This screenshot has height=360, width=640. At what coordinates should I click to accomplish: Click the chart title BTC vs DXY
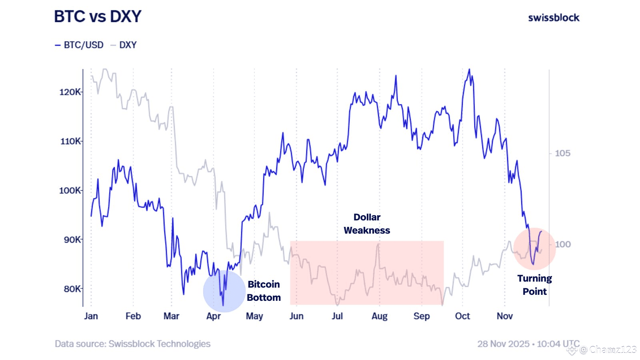point(98,17)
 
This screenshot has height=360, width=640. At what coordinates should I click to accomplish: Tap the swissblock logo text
point(554,18)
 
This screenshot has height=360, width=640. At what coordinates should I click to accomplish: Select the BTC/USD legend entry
point(80,45)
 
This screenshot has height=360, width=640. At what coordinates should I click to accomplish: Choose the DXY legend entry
point(124,45)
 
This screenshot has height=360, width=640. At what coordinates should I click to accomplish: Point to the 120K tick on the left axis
point(70,92)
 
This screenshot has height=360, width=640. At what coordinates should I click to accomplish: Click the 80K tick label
point(72,289)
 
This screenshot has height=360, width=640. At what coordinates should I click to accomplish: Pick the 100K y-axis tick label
point(70,190)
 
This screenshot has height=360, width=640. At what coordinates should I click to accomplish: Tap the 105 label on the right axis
point(562,153)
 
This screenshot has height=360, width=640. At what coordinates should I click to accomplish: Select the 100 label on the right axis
point(562,244)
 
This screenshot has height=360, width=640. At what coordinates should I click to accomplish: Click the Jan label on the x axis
point(91,316)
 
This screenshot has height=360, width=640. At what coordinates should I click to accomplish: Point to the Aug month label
point(379,316)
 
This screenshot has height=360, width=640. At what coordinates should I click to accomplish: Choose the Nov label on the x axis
point(504,316)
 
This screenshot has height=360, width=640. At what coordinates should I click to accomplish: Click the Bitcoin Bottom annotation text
point(264,291)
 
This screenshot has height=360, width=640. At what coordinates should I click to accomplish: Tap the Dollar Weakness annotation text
point(367,224)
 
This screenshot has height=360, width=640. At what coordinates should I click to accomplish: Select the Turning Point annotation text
point(534,285)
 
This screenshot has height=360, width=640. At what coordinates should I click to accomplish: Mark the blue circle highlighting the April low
point(224,291)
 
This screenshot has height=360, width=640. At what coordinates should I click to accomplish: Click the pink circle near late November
point(534,249)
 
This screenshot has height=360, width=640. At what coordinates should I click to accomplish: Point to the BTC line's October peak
point(469,70)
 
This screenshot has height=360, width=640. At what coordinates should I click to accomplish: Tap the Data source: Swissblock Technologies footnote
point(132,344)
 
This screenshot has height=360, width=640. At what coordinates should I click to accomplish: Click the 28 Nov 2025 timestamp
point(528,344)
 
